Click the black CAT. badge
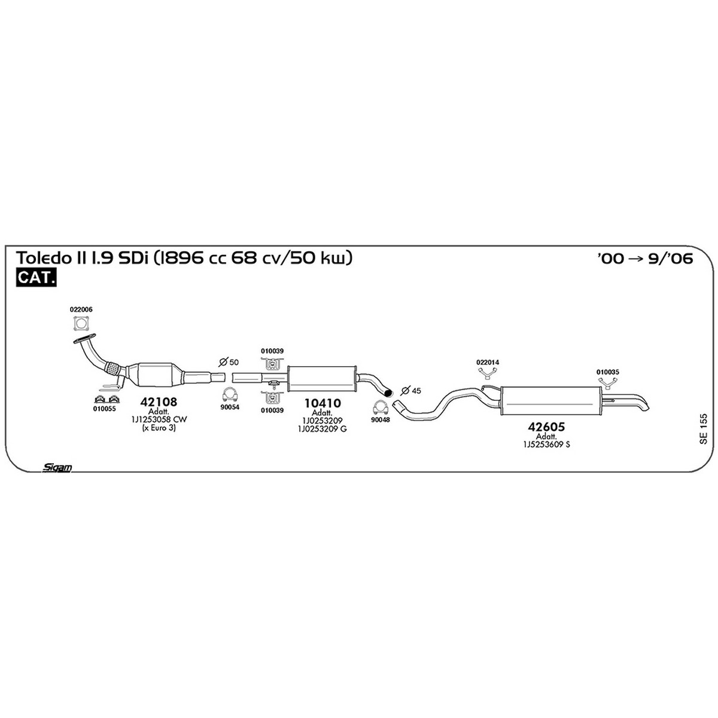point(36,278)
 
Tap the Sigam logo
point(57,467)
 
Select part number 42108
point(159,401)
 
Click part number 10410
point(323,403)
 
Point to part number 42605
point(546,427)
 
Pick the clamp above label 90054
point(230,395)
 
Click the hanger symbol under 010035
point(607,383)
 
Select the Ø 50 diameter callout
point(229,362)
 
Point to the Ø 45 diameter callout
point(410,390)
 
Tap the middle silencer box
point(322,379)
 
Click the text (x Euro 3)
point(159,428)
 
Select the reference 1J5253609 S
point(547,444)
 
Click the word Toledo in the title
point(45,258)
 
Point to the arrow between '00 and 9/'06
point(635,258)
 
